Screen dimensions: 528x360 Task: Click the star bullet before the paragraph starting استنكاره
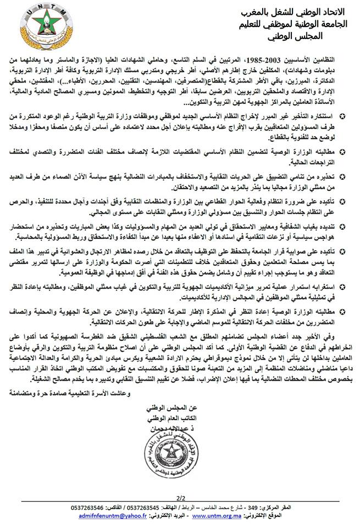[x=343, y=116]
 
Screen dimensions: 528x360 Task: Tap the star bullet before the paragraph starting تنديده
[x=343, y=226]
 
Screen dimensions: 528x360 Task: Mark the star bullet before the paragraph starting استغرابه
[x=343, y=286]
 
